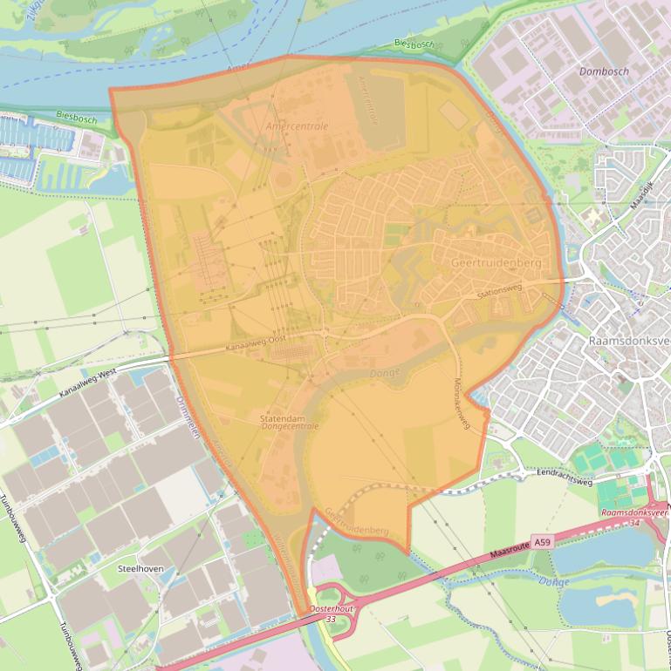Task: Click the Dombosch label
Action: [x=604, y=71]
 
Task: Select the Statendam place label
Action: [x=281, y=418]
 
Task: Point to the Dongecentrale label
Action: [x=289, y=427]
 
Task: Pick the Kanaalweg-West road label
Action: [x=87, y=384]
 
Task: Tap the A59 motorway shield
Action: [x=543, y=542]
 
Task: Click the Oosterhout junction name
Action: [x=330, y=609]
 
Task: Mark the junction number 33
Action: [x=330, y=619]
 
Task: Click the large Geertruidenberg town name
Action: [x=496, y=262]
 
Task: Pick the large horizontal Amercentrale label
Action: [x=298, y=126]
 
